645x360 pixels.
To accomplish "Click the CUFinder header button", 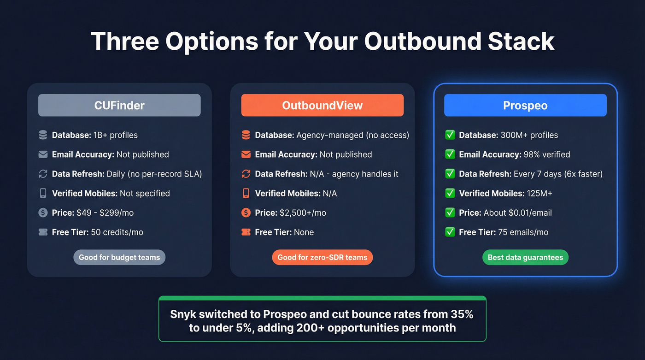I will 119,105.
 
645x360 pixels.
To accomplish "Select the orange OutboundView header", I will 322,105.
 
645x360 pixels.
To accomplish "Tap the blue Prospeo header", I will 525,105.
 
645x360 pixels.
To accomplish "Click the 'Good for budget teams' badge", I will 119,257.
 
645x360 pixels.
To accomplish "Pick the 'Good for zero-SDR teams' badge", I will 322,257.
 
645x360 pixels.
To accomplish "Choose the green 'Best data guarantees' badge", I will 525,257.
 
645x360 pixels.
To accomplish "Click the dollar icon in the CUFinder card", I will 43,212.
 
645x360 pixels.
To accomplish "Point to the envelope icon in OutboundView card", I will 246,154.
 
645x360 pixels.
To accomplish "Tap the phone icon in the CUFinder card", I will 43,193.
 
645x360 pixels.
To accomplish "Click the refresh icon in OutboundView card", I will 246,174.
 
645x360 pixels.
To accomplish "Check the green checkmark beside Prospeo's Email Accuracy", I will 450,154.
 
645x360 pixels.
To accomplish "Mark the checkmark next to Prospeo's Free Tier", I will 450,232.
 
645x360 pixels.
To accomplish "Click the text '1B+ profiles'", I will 115,135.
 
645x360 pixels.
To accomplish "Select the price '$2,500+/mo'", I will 303,212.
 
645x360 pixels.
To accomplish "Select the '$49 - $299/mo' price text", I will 105,212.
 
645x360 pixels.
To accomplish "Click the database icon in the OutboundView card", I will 246,135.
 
